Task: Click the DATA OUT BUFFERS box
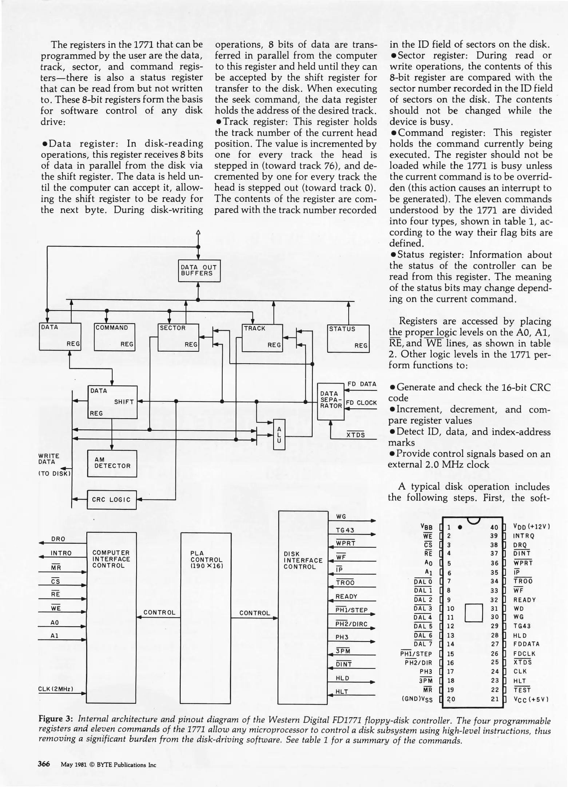pos(199,270)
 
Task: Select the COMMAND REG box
pos(114,337)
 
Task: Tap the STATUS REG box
pos(348,338)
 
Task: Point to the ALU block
pos(279,434)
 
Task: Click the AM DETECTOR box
pos(112,463)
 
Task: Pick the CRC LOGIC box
pos(111,500)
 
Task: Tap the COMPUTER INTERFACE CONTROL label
pos(111,559)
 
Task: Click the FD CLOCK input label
pos(361,403)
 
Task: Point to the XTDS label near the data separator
pos(356,435)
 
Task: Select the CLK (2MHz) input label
pos(56,689)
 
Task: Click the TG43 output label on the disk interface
pos(345,530)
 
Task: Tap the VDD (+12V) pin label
pos(531,527)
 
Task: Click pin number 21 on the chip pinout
pos(494,699)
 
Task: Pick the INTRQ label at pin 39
pos(524,536)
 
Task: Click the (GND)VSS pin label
pos(417,699)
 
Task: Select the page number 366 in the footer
pos(44,764)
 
